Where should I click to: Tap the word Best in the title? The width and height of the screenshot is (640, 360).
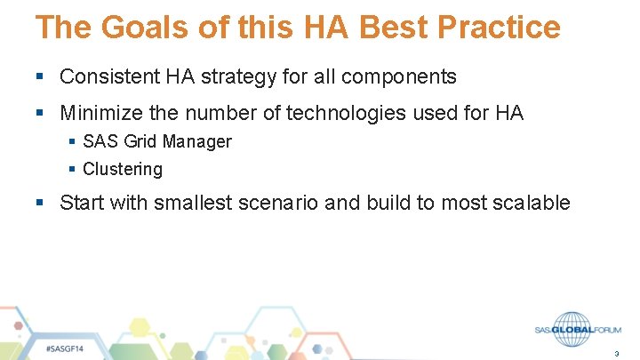tap(391, 28)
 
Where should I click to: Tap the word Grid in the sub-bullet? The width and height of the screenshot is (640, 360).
tap(136, 141)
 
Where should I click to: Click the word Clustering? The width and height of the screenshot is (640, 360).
tap(123, 169)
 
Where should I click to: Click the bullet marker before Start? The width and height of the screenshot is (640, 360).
tap(39, 203)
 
